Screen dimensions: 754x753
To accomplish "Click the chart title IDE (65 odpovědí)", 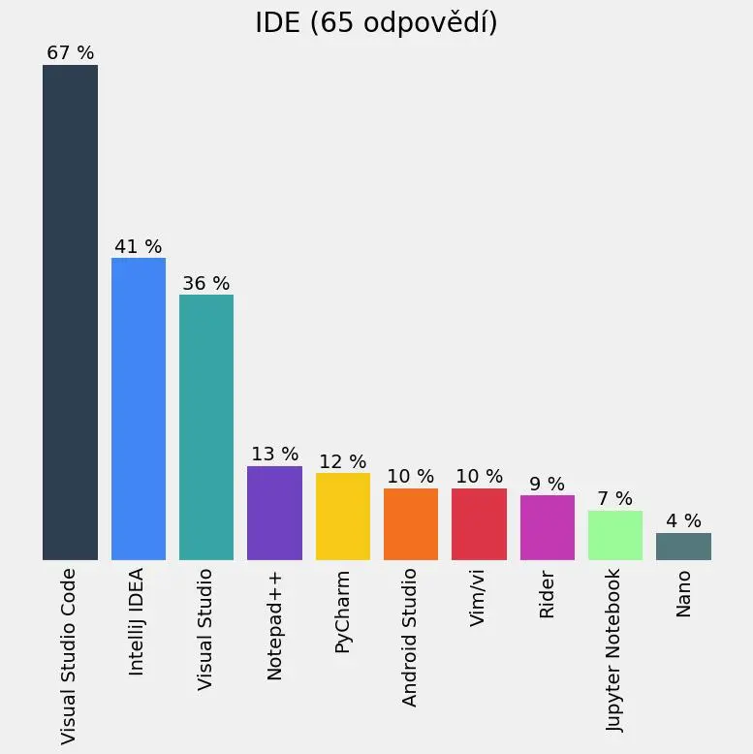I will point(376,23).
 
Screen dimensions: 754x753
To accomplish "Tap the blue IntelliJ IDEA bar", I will point(139,408).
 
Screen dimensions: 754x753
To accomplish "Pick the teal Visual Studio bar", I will point(206,426).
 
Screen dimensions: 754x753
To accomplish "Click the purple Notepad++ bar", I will point(274,513).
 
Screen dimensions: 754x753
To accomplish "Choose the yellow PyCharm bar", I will point(343,516).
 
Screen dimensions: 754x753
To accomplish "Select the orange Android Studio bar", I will point(411,523).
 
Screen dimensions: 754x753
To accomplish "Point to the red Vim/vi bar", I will point(479,523).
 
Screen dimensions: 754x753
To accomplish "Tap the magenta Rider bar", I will point(547,527).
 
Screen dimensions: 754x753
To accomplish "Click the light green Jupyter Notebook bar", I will point(615,535).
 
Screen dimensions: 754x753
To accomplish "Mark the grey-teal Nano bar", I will point(683,546).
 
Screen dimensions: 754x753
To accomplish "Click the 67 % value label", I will point(70,53).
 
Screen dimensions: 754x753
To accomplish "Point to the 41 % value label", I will point(139,247).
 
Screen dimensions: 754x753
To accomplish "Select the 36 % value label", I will point(206,284).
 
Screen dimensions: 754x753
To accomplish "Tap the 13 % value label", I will point(274,455).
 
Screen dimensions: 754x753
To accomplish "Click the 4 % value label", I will point(683,521).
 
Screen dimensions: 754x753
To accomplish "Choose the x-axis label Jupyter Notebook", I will point(615,649).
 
